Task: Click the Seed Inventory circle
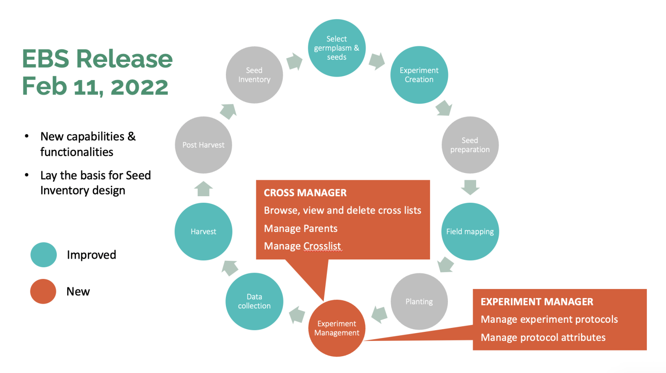pyautogui.click(x=254, y=75)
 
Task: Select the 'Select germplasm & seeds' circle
pyautogui.click(x=336, y=48)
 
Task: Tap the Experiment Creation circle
pyautogui.click(x=419, y=75)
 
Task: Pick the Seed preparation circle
pyautogui.click(x=470, y=145)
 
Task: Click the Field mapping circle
pyautogui.click(x=470, y=231)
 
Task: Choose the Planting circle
pyautogui.click(x=419, y=302)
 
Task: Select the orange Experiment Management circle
pyautogui.click(x=336, y=328)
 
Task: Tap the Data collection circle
pyautogui.click(x=254, y=302)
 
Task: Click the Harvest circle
pyautogui.click(x=203, y=231)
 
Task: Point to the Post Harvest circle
pyautogui.click(x=203, y=145)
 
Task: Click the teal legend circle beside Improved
pyautogui.click(x=43, y=255)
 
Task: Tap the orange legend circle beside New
pyautogui.click(x=43, y=292)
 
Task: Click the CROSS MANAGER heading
pyautogui.click(x=305, y=193)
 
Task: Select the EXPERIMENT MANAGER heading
pyautogui.click(x=537, y=302)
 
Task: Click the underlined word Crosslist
pyautogui.click(x=322, y=246)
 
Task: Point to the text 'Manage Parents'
pyautogui.click(x=300, y=228)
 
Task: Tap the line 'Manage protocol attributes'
pyautogui.click(x=543, y=337)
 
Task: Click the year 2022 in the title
pyautogui.click(x=139, y=87)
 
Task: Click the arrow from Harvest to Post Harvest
pyautogui.click(x=203, y=189)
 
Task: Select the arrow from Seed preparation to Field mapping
pyautogui.click(x=470, y=187)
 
